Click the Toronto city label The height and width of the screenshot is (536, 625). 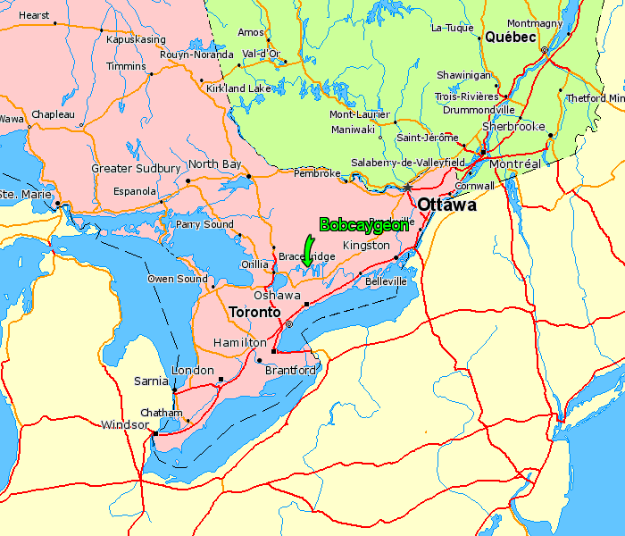[x=254, y=313]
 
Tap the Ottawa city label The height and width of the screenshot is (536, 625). [x=446, y=205]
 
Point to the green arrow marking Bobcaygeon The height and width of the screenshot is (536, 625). [x=309, y=249]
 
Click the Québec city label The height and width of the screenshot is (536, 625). [x=510, y=38]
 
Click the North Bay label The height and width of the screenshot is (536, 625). [x=214, y=164]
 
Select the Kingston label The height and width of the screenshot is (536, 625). [x=366, y=245]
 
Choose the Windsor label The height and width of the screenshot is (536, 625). [x=125, y=424]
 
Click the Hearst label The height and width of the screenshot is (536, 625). [x=34, y=15]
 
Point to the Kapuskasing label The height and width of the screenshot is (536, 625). [x=136, y=40]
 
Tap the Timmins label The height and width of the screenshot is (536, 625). [x=126, y=67]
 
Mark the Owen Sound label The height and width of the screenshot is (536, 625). [x=178, y=279]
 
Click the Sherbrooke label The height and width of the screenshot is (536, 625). [x=513, y=127]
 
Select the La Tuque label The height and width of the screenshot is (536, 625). [x=452, y=28]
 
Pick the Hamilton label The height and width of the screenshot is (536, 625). [x=239, y=342]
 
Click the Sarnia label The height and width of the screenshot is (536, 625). [x=152, y=381]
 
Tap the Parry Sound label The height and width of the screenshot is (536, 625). [x=204, y=224]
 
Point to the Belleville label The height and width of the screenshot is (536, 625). [x=386, y=281]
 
